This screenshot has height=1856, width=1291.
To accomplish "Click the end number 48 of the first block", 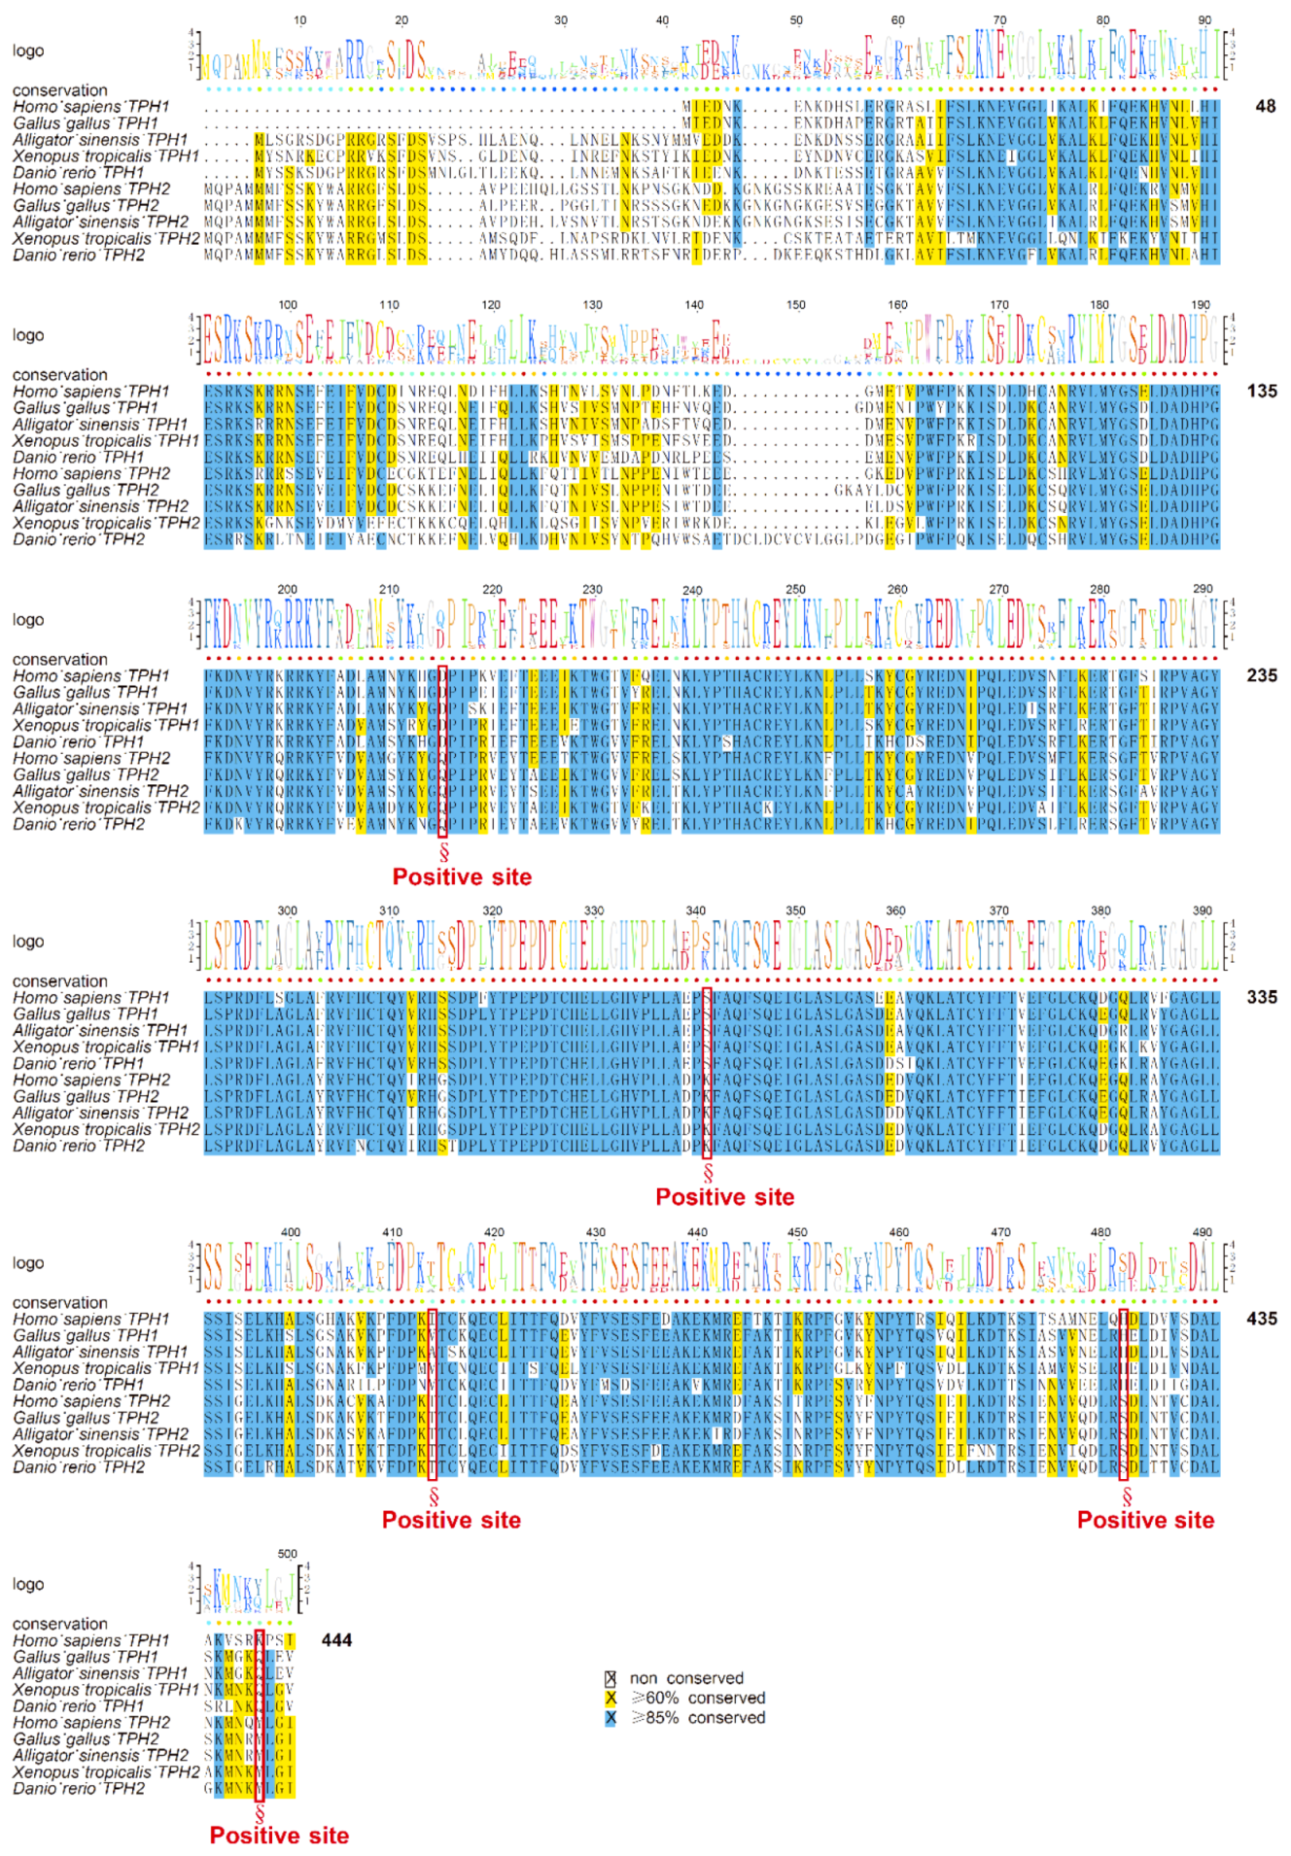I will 1265,106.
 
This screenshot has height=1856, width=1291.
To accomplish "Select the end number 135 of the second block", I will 1262,391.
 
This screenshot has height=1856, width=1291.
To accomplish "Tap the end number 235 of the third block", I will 1262,675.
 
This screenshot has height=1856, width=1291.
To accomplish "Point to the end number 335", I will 1262,997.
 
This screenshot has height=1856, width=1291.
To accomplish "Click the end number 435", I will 1262,1319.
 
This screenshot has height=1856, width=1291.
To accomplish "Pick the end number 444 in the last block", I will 336,1640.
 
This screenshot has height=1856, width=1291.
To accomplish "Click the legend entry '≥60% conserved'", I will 697,1698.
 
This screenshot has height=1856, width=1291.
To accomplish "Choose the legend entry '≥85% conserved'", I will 697,1717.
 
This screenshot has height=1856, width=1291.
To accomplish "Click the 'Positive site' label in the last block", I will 279,1836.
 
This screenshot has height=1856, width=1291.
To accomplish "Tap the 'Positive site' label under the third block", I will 462,876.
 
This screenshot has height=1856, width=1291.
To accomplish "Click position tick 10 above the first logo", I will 299,20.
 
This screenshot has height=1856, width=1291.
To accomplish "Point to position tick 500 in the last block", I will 288,1554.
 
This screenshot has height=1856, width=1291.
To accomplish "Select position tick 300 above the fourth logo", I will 288,911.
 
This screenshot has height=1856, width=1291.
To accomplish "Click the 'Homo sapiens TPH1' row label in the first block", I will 91,107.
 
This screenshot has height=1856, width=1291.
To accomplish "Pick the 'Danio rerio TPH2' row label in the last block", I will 79,1789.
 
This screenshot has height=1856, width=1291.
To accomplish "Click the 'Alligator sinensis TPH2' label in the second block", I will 100,506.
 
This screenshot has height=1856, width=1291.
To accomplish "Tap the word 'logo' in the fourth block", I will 28,942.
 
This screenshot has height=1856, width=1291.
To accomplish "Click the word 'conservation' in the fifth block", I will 60,1302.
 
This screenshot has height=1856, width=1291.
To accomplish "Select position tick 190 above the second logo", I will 1201,305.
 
